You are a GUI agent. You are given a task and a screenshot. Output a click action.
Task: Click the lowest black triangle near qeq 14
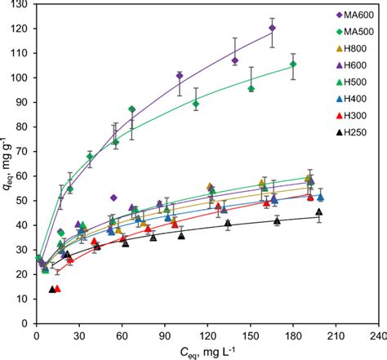point(52,290)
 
